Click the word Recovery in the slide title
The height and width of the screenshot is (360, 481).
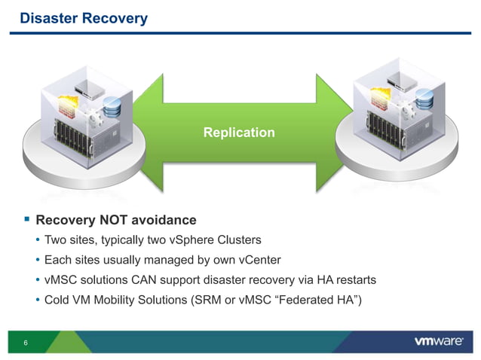point(111,17)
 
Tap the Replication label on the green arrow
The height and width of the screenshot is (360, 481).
point(239,133)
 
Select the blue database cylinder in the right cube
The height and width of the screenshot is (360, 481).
point(424,97)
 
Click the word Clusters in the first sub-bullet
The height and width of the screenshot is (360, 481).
point(237,240)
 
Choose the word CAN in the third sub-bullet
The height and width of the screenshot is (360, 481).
point(139,279)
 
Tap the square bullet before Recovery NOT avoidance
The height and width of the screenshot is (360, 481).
point(26,220)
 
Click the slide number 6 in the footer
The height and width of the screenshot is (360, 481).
point(26,343)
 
